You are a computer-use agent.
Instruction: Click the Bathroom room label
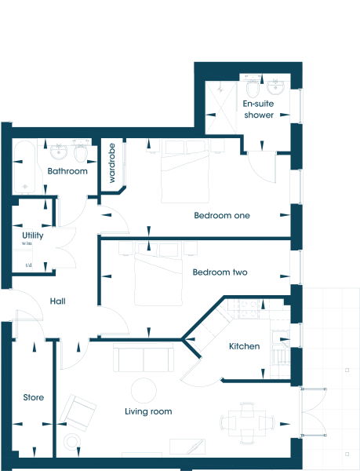tap(67, 171)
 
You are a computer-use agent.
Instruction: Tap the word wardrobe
tap(111, 163)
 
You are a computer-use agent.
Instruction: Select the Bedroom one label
tap(222, 215)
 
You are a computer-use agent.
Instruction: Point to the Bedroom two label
tap(220, 272)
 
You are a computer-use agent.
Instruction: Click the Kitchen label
tap(244, 346)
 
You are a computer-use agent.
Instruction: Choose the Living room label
tap(148, 411)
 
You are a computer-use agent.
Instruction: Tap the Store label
tap(33, 397)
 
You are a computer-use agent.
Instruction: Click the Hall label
tap(57, 301)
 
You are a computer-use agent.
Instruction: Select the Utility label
tap(33, 235)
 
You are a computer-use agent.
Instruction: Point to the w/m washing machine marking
tap(27, 243)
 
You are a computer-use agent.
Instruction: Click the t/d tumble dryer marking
tap(29, 265)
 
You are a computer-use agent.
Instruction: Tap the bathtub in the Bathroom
tap(24, 166)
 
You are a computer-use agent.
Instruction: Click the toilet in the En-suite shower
tap(253, 86)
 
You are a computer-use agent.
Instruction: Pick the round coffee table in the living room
tap(144, 390)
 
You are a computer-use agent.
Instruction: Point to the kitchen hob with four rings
tap(249, 309)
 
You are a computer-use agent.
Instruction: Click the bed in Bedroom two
tap(158, 279)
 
